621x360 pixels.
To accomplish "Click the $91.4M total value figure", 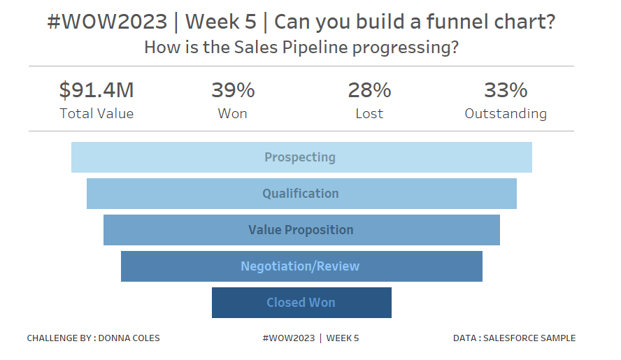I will [x=97, y=90].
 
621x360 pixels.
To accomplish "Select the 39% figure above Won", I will [x=233, y=90].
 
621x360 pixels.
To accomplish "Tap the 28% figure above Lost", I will [x=369, y=90].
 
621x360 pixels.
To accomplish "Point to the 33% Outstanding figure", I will [x=506, y=90].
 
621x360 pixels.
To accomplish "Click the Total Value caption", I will [x=97, y=113].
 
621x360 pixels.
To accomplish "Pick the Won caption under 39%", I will [x=233, y=113].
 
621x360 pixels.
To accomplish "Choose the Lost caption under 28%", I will [x=369, y=113].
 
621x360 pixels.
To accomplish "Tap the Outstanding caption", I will [x=506, y=113].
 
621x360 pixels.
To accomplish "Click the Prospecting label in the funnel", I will [x=300, y=157].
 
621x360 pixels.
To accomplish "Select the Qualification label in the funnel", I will [x=301, y=194].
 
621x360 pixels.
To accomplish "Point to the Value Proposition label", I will [x=301, y=230].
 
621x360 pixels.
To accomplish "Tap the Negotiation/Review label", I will [x=300, y=266].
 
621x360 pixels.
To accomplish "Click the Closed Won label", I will [x=301, y=303].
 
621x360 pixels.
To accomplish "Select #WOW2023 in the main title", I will [x=107, y=22].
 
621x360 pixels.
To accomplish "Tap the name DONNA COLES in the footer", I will [x=129, y=338].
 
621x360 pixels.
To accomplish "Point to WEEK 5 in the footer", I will [x=343, y=338].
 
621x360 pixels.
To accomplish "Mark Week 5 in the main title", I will [x=221, y=22].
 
